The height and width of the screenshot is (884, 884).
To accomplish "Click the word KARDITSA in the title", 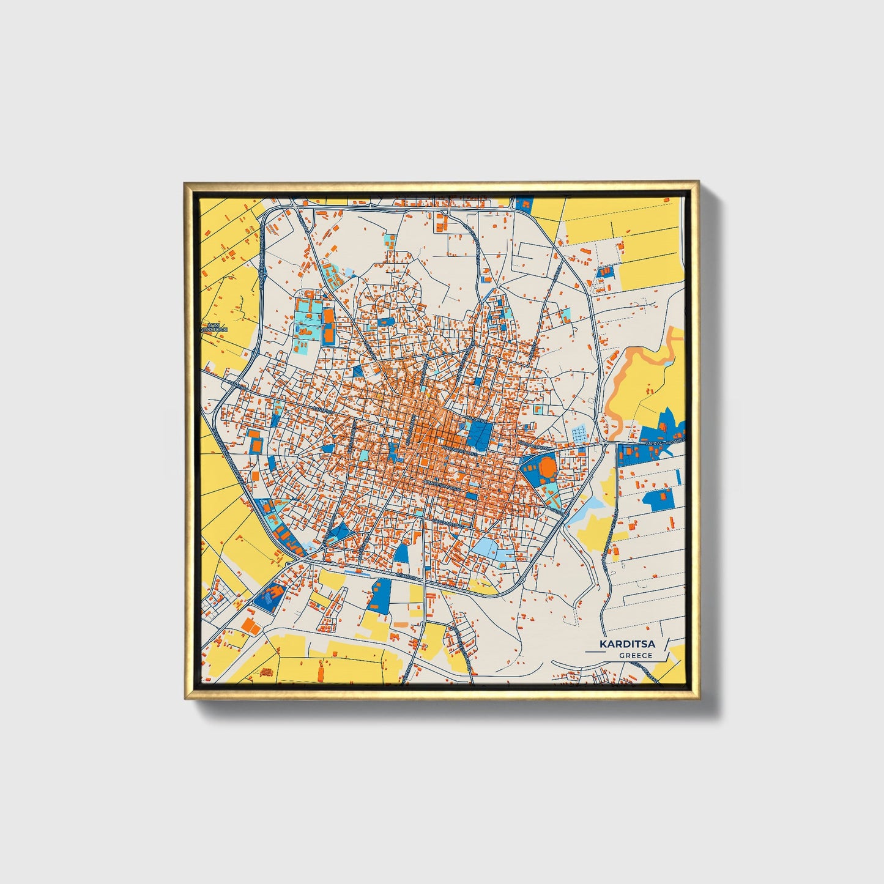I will click(627, 644).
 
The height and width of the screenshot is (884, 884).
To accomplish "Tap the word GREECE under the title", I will click(635, 656).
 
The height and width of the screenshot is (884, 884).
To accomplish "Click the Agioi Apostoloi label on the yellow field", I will click(215, 328).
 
